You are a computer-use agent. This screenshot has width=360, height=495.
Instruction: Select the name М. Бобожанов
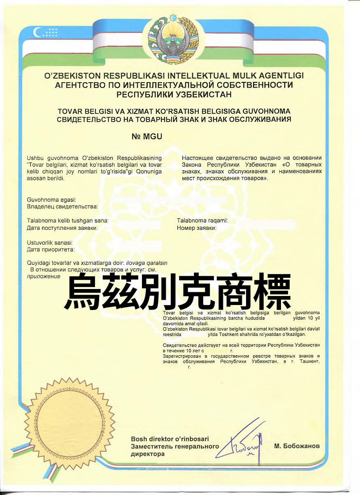[x=296, y=446]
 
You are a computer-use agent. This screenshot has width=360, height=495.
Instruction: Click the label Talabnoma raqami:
[x=202, y=221]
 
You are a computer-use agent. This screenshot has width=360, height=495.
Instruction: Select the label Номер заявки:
[x=197, y=228]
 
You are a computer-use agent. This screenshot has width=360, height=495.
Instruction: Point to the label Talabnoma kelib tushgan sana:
[x=68, y=221]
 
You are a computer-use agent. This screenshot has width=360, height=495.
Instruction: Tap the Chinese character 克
[x=196, y=293]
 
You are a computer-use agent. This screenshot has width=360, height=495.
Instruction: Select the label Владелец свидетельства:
[x=62, y=206]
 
